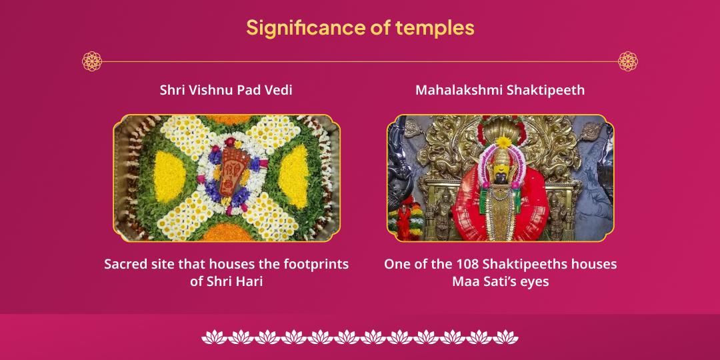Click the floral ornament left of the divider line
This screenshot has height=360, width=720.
click(x=92, y=61)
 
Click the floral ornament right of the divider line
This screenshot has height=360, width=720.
click(x=628, y=61)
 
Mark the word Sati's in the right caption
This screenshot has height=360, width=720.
click(x=495, y=281)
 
